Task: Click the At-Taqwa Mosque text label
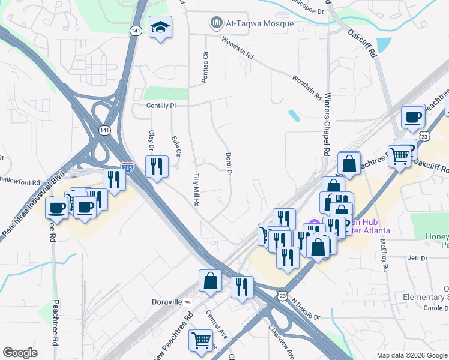pos(260,24)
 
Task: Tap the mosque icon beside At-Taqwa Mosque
pos(216,23)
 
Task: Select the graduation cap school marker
pos(160,28)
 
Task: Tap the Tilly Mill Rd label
pos(196,190)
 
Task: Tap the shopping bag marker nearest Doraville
pos(210,281)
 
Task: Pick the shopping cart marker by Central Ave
pos(200,340)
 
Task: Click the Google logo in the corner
pos(20,353)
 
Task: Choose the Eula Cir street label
pos(176,146)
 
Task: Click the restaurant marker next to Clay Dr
pos(156,166)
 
